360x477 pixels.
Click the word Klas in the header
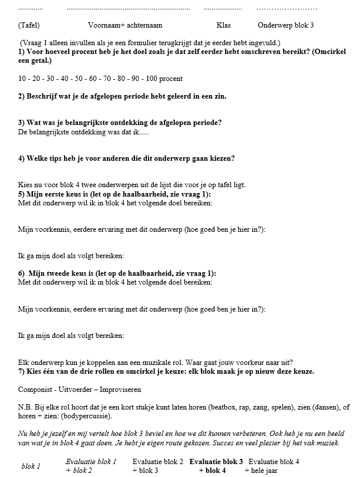coord(224,26)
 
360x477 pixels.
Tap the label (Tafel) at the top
coord(29,26)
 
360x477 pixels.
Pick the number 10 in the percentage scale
coord(22,78)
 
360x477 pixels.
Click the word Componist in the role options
coord(35,390)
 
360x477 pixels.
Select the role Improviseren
coord(122,390)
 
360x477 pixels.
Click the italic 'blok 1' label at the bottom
coord(31,466)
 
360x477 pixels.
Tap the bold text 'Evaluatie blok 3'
coord(216,462)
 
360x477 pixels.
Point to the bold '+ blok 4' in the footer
coord(212,471)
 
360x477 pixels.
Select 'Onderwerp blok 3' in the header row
coord(285,26)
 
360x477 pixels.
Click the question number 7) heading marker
coord(22,371)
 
